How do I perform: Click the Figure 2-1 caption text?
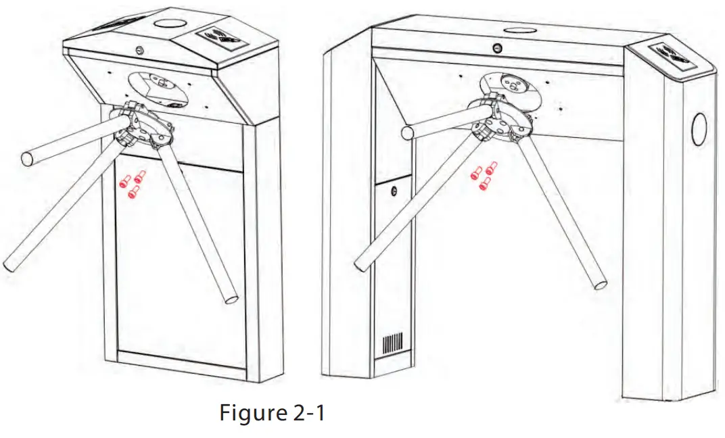point(272,412)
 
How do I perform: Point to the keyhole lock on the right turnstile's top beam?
point(497,49)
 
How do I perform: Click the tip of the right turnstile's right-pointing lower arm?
point(599,283)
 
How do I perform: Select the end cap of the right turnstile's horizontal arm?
point(408,133)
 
